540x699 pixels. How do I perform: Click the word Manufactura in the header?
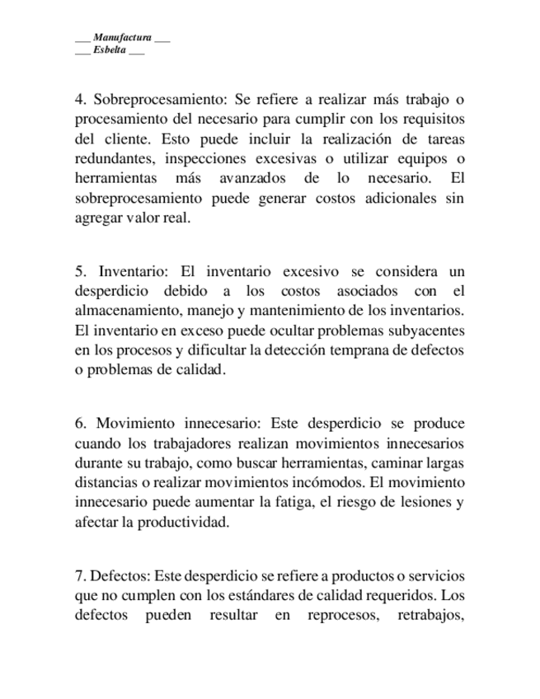(122, 38)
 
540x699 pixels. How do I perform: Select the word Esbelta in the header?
(110, 50)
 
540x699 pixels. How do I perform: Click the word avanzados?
(252, 179)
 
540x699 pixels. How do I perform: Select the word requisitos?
(430, 120)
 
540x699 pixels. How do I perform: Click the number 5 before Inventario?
(79, 271)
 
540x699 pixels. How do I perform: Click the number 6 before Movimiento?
(79, 424)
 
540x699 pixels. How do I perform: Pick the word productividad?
(177, 522)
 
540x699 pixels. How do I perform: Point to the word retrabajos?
(430, 616)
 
